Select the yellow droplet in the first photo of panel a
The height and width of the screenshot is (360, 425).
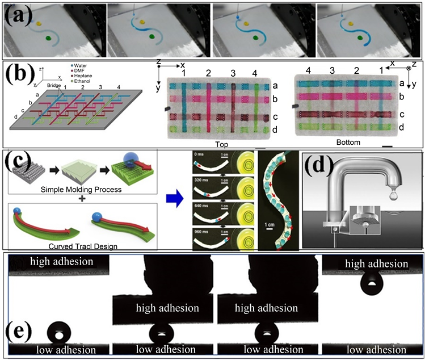(39, 24)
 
